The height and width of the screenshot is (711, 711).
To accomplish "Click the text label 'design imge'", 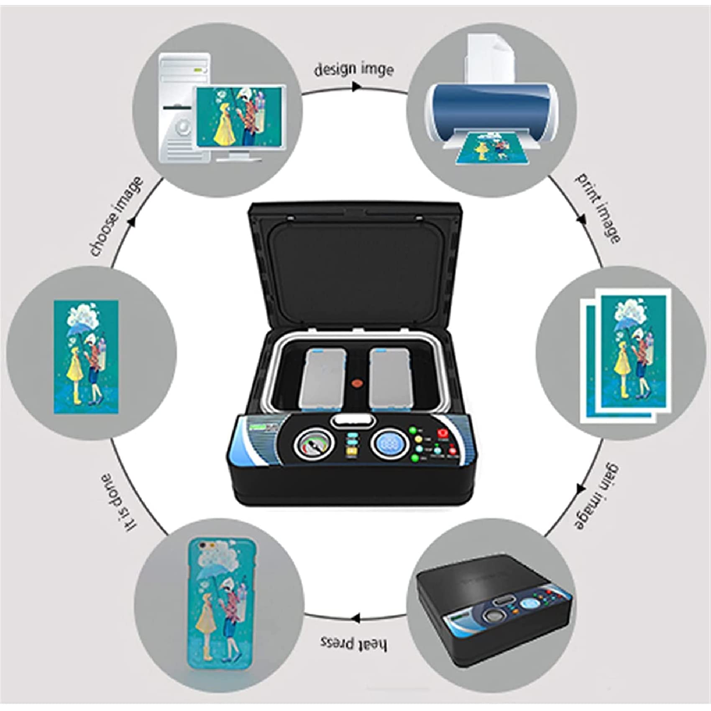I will [x=354, y=69].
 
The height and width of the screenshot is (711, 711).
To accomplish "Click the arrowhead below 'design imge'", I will [x=356, y=87].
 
